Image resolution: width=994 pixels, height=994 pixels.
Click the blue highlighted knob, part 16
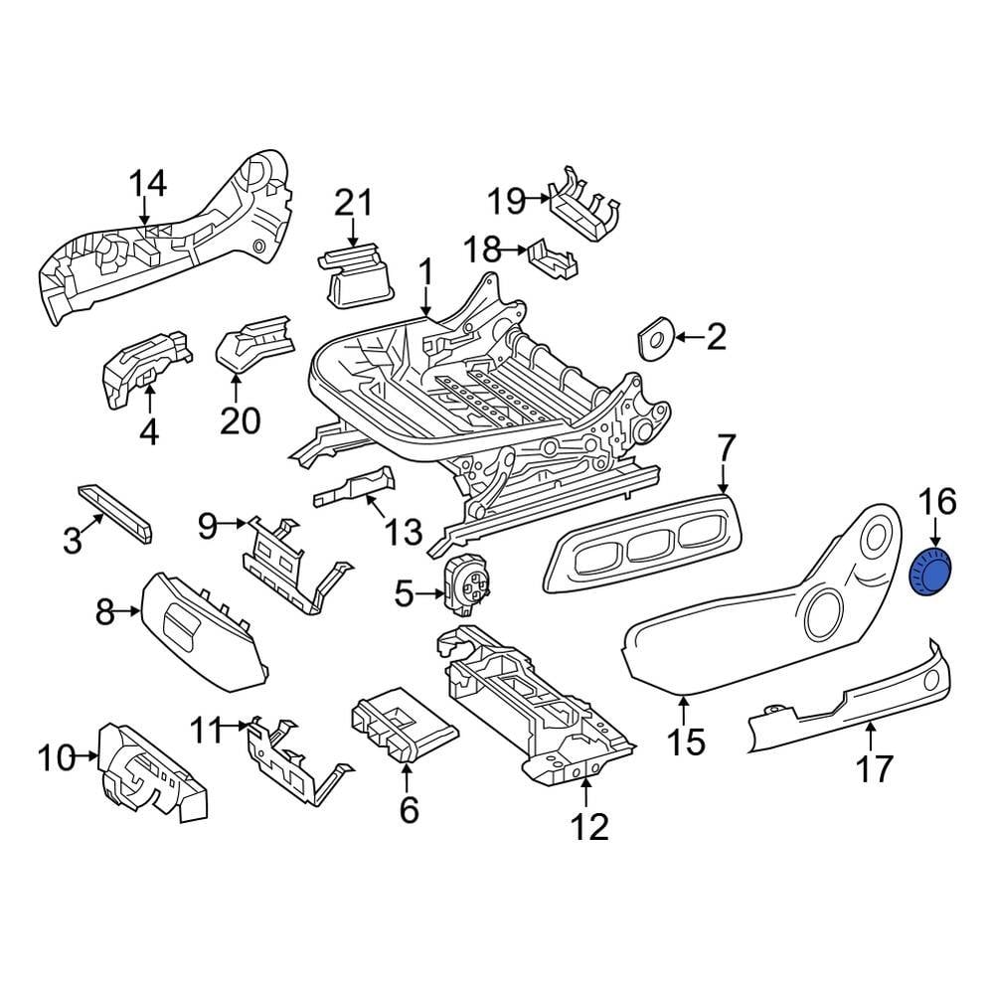(931, 575)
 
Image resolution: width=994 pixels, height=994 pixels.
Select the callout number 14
(148, 184)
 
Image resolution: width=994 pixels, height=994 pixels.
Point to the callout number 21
(352, 203)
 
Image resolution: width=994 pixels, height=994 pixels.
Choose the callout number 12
(589, 825)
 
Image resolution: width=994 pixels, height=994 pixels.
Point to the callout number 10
(57, 759)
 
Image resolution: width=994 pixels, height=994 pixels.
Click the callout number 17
(874, 767)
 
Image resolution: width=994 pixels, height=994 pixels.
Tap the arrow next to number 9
(236, 523)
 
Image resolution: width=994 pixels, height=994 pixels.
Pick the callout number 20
(240, 420)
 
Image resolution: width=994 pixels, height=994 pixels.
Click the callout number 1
(425, 271)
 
